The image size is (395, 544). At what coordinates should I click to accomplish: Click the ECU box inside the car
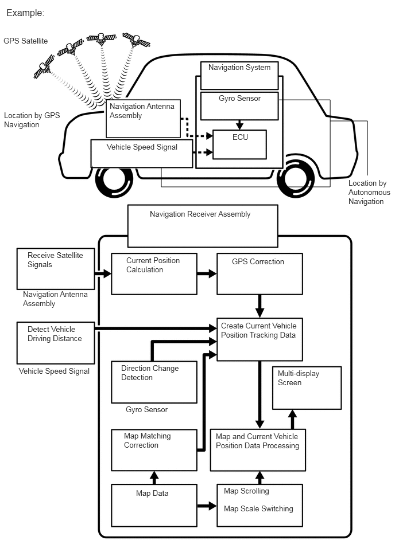[240, 144]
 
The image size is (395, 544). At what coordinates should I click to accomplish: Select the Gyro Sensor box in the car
[240, 106]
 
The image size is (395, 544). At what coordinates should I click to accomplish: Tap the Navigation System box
[240, 76]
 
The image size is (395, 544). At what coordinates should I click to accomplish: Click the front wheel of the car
[114, 179]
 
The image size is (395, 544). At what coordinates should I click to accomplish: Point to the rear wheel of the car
[296, 179]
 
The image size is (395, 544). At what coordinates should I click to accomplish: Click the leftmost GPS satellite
[44, 66]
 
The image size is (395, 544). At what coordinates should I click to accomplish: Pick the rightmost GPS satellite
[136, 40]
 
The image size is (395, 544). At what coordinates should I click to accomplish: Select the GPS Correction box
[260, 274]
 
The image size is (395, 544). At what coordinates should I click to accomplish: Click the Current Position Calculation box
[154, 274]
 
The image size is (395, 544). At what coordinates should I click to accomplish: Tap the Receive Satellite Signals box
[56, 268]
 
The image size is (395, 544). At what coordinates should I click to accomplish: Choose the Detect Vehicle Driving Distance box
[56, 343]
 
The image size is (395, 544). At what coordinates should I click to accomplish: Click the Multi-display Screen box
[307, 388]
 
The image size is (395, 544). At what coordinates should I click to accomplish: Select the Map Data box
[154, 505]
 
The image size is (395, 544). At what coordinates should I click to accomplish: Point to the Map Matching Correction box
[154, 450]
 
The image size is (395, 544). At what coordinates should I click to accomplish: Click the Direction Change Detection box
[154, 382]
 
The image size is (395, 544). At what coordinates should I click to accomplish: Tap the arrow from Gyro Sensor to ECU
[239, 125]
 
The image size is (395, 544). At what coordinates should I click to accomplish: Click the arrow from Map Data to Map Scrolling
[207, 506]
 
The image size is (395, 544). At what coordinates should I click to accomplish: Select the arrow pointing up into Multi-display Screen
[292, 420]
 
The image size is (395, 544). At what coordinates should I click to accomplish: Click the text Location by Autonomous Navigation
[369, 192]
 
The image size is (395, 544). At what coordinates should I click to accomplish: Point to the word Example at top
[25, 13]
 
